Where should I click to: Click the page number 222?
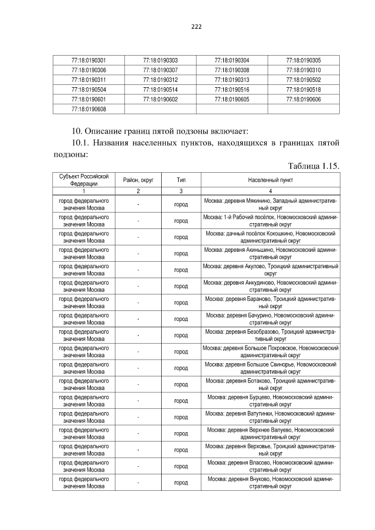(x=196, y=26)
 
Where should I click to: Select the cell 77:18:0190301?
(x=88, y=60)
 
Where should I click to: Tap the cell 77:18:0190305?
(x=303, y=60)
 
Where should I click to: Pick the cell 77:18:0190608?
(x=88, y=108)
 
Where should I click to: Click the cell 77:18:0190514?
(x=160, y=90)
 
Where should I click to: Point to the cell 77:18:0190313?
(x=231, y=80)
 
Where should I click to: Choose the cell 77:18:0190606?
(x=303, y=99)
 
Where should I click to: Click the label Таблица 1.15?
(x=313, y=166)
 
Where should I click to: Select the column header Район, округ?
(x=138, y=180)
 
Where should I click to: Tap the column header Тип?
(x=181, y=180)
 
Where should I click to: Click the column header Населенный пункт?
(x=270, y=180)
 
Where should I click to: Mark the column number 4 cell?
(x=270, y=191)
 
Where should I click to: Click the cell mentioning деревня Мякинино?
(x=270, y=204)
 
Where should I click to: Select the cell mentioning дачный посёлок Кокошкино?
(x=270, y=237)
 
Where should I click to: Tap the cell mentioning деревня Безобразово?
(x=270, y=335)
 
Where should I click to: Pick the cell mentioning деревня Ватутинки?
(x=270, y=417)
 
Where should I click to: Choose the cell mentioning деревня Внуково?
(x=270, y=483)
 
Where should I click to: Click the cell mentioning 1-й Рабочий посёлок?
(x=270, y=220)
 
